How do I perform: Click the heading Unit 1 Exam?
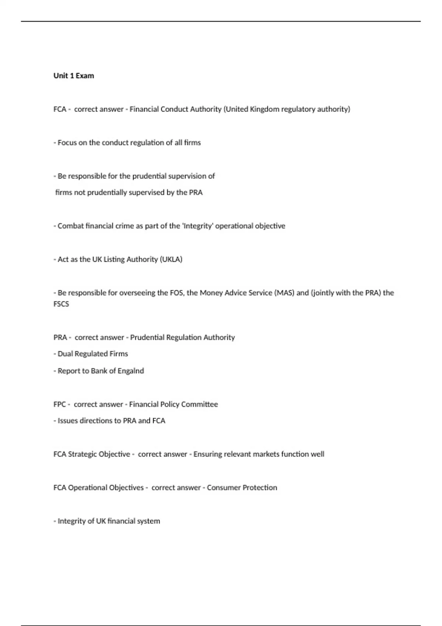[74, 76]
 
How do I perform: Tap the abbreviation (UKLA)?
[171, 260]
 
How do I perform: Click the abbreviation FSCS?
[61, 304]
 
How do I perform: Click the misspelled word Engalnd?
[131, 371]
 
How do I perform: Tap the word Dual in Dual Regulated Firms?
[65, 354]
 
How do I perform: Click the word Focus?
[67, 143]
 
